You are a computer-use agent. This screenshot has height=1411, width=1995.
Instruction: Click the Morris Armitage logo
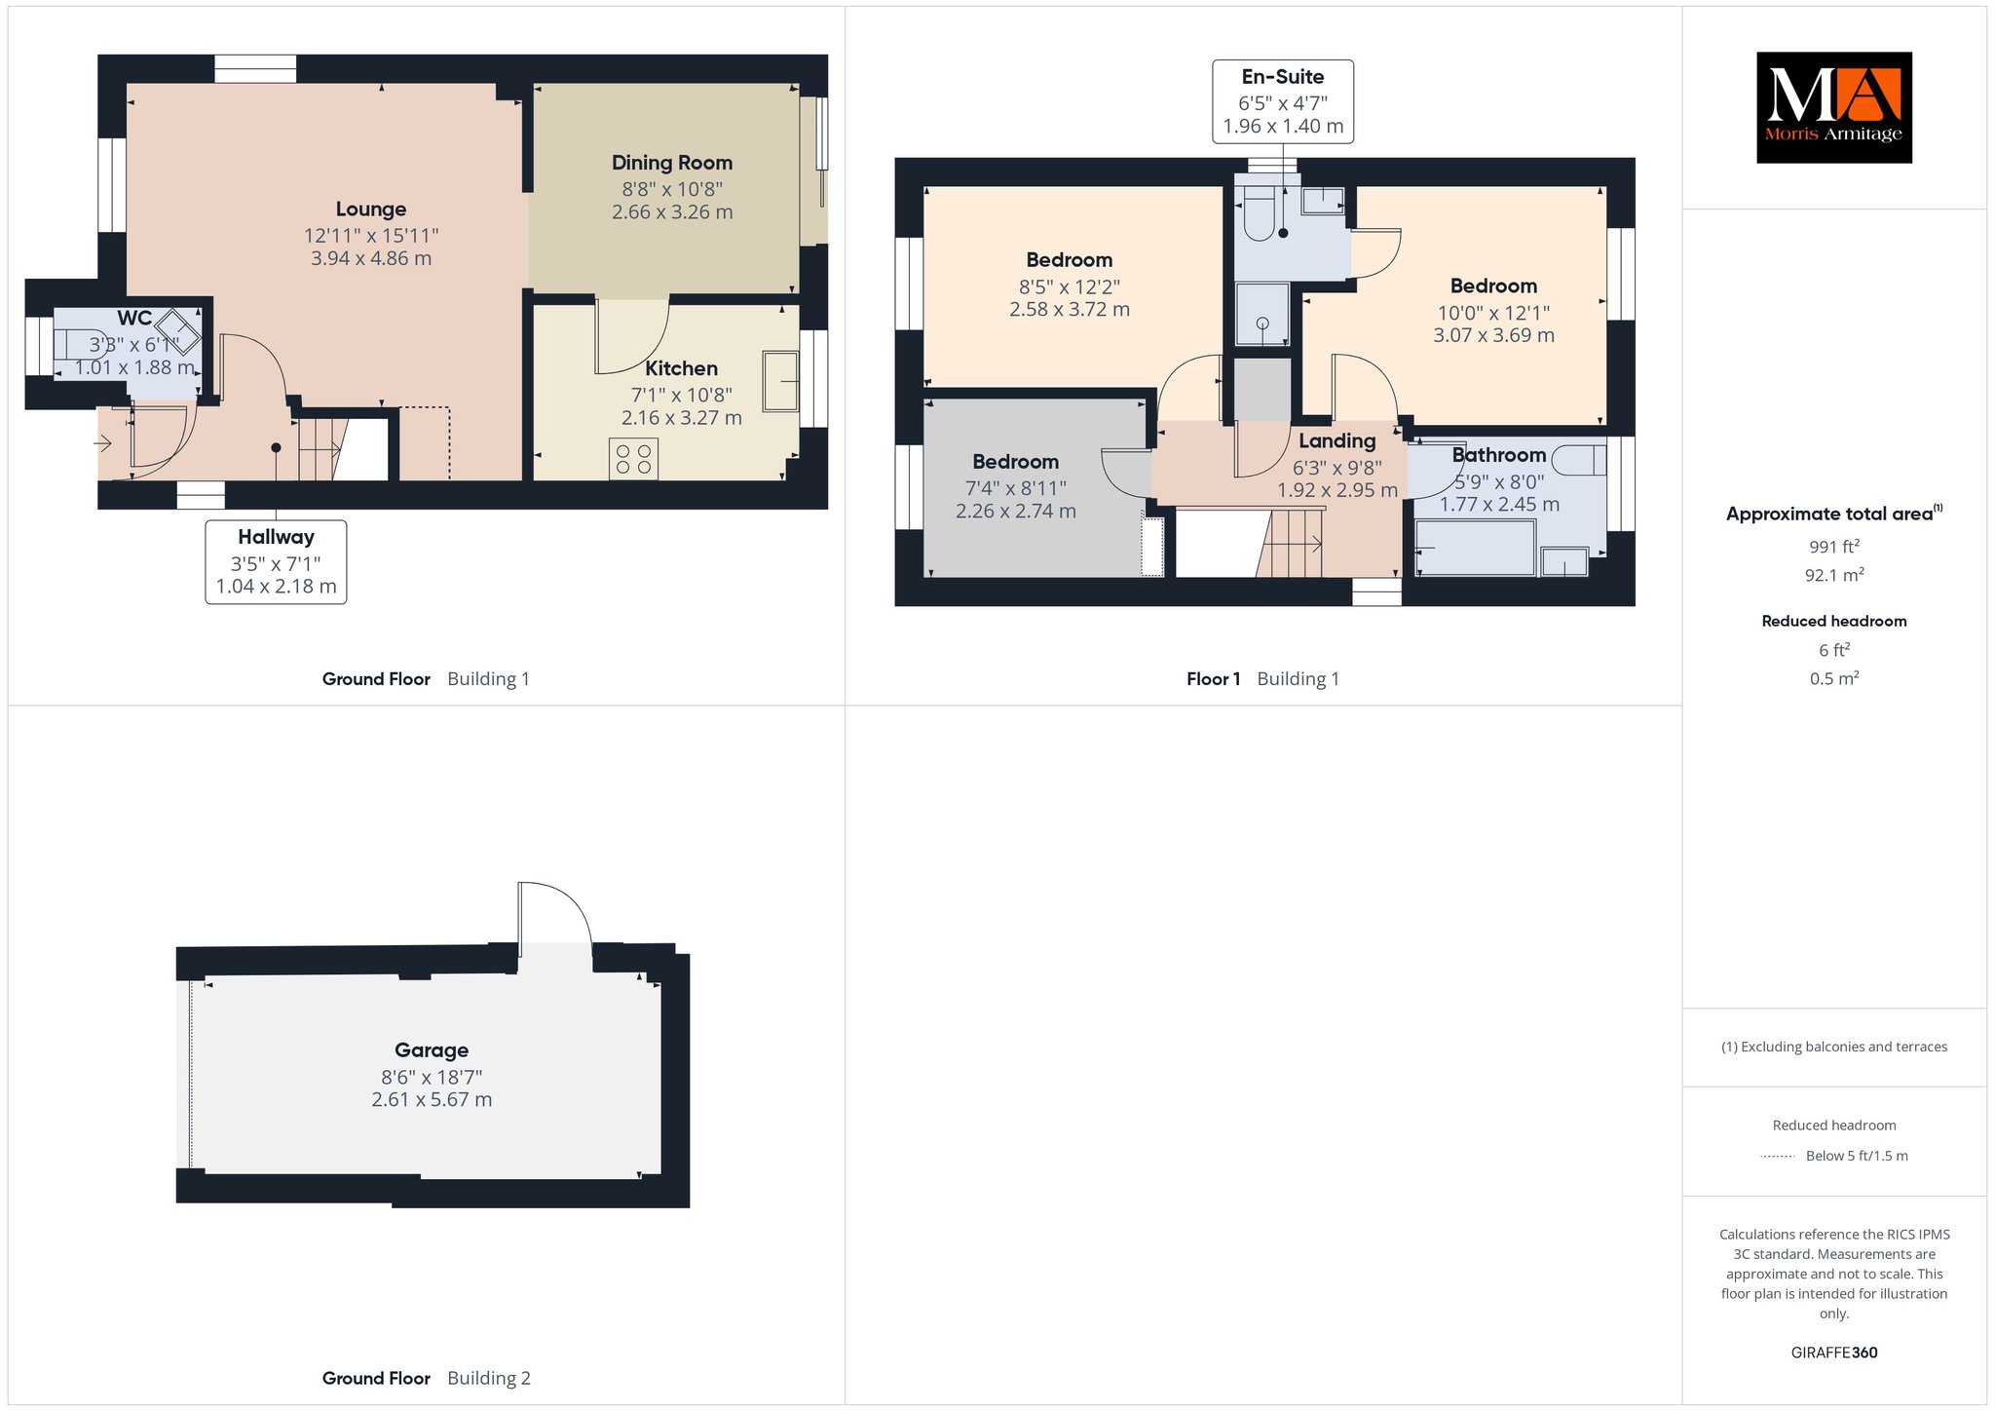(1833, 107)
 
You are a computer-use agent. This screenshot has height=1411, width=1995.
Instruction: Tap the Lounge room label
(371, 210)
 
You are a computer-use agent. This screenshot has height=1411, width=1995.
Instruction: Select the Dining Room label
(672, 163)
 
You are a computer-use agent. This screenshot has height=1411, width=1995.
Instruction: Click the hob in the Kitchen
(633, 459)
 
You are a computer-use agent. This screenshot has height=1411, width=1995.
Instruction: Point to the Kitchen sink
(781, 381)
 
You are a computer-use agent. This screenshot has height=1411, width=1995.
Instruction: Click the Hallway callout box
(276, 562)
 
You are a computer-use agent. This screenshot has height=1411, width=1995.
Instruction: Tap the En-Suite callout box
(1283, 101)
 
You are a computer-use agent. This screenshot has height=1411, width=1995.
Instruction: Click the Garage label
(432, 1050)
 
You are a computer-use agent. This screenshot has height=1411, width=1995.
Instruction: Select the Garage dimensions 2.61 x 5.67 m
(432, 1100)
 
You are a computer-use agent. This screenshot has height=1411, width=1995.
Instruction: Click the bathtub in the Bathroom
(1475, 548)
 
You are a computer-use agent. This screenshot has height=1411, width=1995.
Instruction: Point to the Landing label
(1337, 441)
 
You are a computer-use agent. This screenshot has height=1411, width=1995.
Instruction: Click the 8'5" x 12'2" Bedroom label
(1070, 260)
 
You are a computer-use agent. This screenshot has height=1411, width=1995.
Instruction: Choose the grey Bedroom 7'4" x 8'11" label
(1016, 462)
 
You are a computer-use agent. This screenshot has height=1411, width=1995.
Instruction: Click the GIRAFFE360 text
(1834, 1353)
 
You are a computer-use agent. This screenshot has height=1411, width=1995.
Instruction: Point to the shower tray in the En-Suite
(1262, 314)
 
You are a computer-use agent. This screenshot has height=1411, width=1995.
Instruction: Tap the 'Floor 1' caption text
(1214, 679)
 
